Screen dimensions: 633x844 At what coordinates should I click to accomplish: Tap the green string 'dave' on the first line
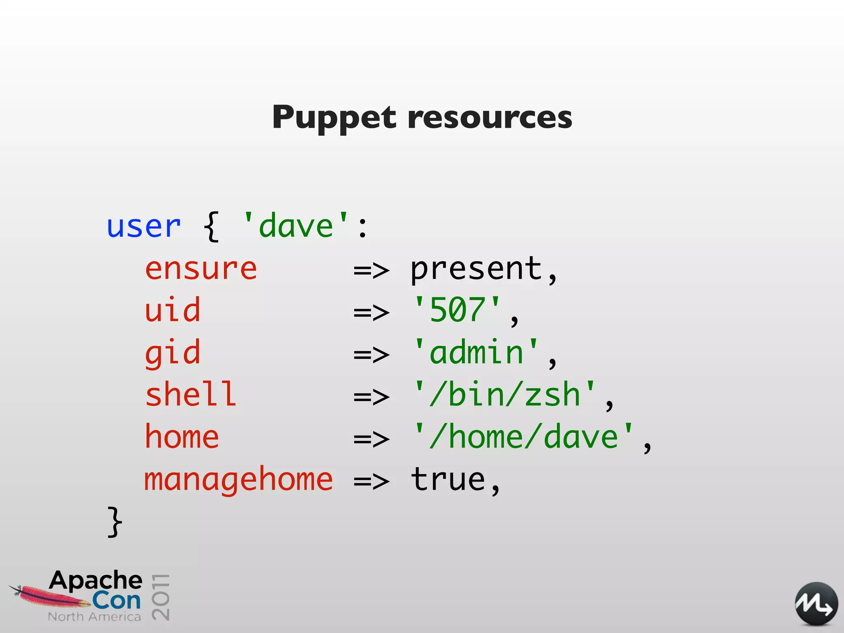pyautogui.click(x=295, y=226)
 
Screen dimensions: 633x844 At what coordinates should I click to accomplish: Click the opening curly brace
pyautogui.click(x=211, y=226)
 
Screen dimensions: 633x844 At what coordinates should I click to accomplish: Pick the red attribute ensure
pyautogui.click(x=201, y=269)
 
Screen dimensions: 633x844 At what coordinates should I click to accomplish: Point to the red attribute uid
pyautogui.click(x=173, y=310)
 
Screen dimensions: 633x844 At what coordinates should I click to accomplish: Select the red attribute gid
pyautogui.click(x=173, y=354)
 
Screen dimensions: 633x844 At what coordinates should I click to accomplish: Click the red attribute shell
pyautogui.click(x=191, y=395)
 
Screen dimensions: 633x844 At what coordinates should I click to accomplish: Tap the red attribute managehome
pyautogui.click(x=238, y=480)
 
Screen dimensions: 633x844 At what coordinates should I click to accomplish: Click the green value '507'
pyautogui.click(x=457, y=310)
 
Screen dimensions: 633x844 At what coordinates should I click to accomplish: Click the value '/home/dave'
pyautogui.click(x=523, y=437)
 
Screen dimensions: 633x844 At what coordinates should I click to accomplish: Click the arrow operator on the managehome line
pyautogui.click(x=371, y=481)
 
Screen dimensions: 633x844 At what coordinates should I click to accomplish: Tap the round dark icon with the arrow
pyautogui.click(x=816, y=604)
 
